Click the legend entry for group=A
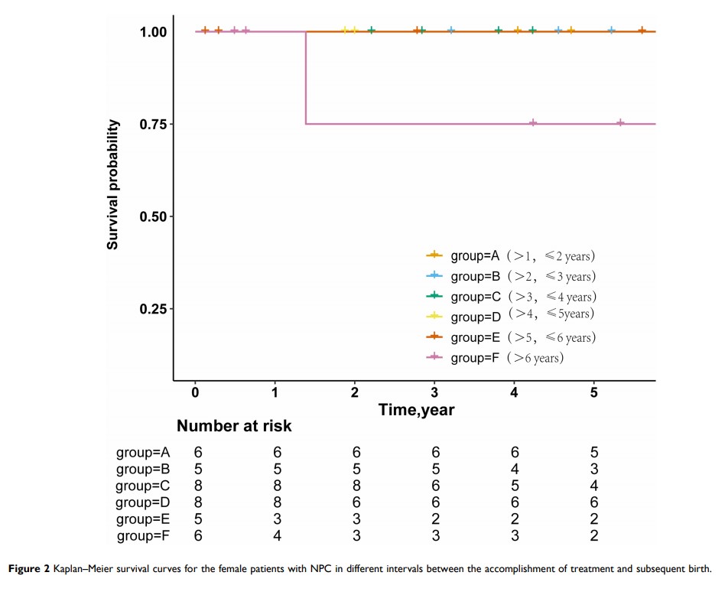click(x=510, y=255)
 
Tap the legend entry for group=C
click(x=510, y=296)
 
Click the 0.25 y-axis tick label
click(x=153, y=309)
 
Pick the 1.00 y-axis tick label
click(x=153, y=32)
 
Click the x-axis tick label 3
click(x=434, y=392)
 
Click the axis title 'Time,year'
click(x=417, y=410)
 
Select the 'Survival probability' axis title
click(x=112, y=185)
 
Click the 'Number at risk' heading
click(x=234, y=425)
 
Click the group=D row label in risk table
click(x=143, y=502)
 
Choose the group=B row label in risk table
click(x=143, y=469)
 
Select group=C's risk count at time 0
click(x=197, y=485)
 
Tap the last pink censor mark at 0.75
click(x=620, y=123)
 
